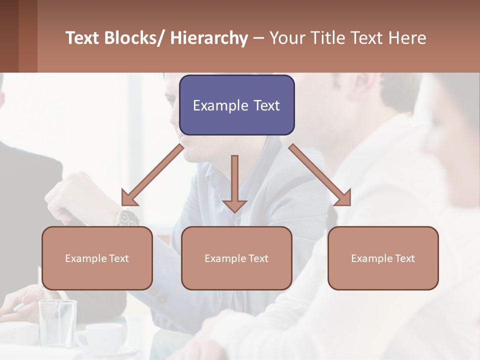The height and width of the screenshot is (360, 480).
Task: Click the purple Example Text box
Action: (236, 105)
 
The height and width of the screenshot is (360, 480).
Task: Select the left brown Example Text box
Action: (97, 258)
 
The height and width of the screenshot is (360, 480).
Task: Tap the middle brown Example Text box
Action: (236, 258)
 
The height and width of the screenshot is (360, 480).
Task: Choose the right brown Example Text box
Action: (383, 258)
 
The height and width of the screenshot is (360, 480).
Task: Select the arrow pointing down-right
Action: (320, 175)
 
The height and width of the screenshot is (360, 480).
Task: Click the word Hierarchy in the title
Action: (209, 38)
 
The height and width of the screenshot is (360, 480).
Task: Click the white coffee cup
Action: (102, 335)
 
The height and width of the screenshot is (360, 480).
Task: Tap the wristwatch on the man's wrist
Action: (127, 217)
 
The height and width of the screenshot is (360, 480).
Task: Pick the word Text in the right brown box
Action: (405, 258)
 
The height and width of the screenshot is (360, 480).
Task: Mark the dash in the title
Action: (258, 38)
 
